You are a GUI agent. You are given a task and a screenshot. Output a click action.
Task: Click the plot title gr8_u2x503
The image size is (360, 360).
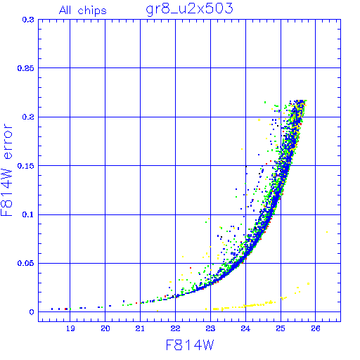point(189,9)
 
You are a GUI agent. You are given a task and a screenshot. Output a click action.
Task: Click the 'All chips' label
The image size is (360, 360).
point(83,11)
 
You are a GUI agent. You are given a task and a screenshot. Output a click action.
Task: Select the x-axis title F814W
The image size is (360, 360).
point(190,345)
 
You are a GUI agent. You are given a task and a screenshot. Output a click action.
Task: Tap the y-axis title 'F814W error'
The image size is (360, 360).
point(6,170)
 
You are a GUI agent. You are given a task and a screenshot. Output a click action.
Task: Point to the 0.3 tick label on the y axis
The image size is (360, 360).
point(28,20)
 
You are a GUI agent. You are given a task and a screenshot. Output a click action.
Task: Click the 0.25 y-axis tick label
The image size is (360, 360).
point(26,68)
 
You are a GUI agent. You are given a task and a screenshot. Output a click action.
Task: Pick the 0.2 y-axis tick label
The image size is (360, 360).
point(28,117)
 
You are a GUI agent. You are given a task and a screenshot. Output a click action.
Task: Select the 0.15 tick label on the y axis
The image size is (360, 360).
point(26,166)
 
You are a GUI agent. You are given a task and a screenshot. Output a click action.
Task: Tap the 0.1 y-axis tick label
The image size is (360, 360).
point(28,214)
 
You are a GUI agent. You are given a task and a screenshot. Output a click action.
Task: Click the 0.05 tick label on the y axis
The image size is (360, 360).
point(26,263)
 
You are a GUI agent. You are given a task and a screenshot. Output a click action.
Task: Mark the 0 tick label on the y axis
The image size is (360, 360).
point(32,312)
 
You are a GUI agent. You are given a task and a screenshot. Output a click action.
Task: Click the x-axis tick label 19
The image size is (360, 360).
point(70,328)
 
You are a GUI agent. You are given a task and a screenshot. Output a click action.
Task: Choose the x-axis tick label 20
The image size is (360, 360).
point(105,328)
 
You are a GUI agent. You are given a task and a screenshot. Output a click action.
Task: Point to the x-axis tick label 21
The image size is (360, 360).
point(140,328)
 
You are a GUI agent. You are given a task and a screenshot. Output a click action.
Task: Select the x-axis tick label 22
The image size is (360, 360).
point(175,328)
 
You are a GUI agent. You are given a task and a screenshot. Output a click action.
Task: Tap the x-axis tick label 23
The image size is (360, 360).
point(210,328)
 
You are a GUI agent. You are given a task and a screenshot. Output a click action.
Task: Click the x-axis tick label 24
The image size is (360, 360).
point(245,328)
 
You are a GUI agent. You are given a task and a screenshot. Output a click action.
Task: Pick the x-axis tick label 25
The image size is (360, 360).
point(281,328)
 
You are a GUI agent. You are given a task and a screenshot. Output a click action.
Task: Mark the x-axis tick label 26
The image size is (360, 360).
point(316,328)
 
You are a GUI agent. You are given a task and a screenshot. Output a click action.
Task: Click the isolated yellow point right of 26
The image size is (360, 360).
point(327,232)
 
